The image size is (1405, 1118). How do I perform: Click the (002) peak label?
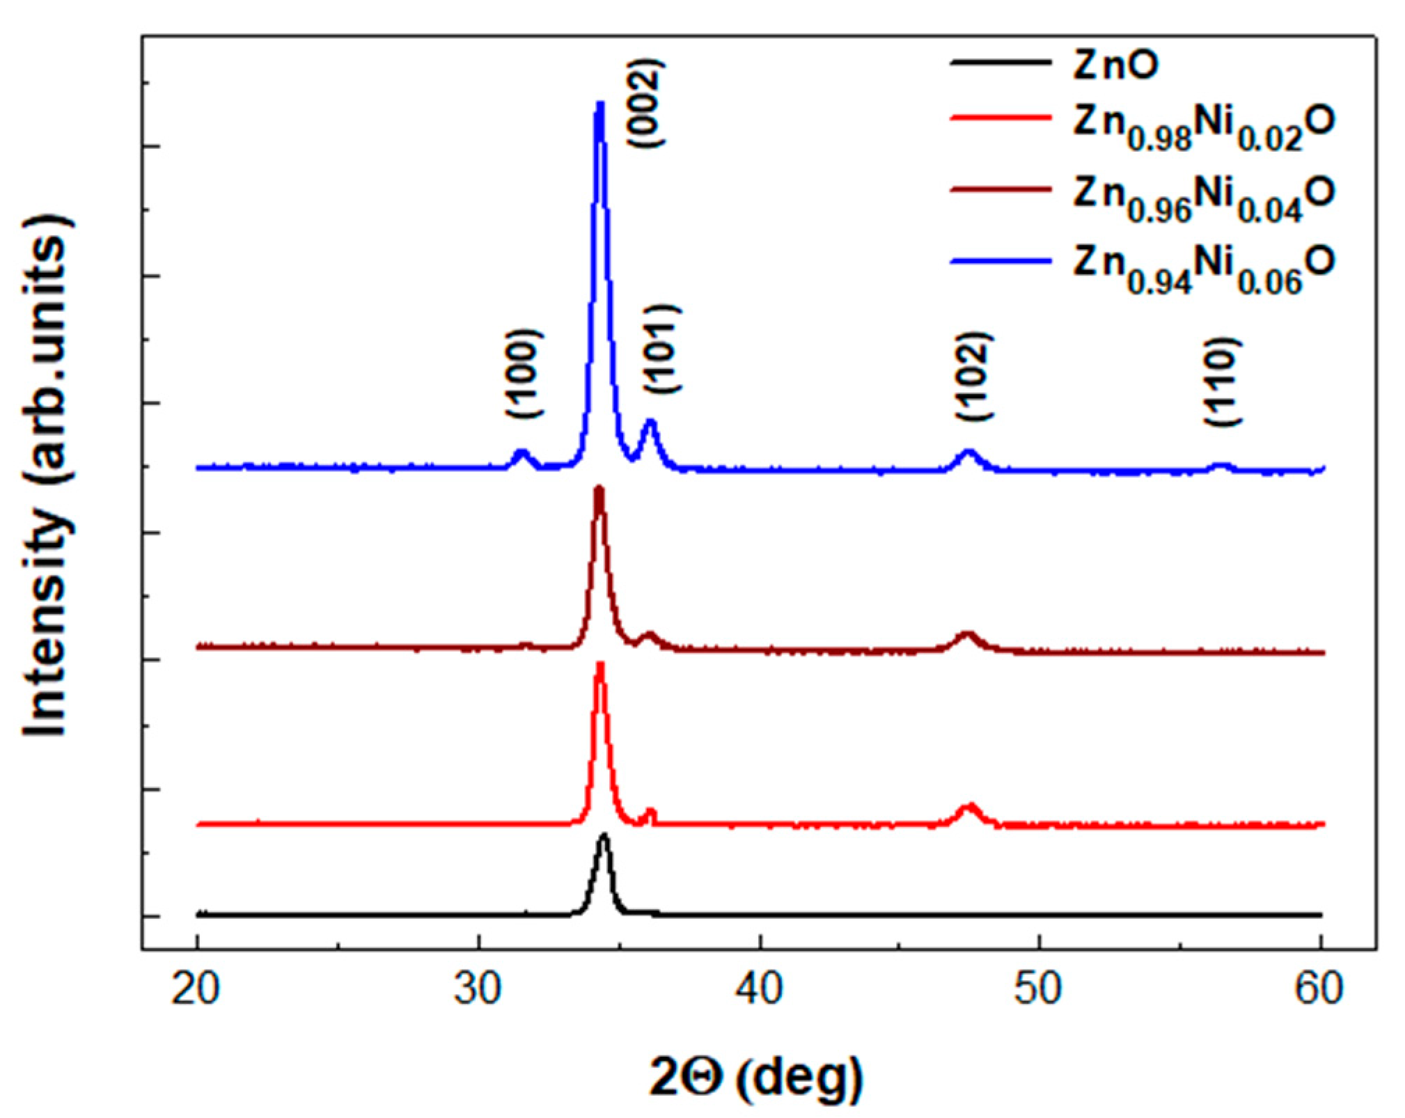647,103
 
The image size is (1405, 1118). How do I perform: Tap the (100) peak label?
524,373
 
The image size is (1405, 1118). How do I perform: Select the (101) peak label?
661,349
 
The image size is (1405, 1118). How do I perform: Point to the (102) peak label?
973,376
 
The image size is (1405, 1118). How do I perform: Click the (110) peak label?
1223,381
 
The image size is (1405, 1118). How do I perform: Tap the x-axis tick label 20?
196,989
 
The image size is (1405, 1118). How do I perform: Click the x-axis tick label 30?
478,989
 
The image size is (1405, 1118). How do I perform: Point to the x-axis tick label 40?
760,989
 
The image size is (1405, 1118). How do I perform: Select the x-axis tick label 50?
1039,989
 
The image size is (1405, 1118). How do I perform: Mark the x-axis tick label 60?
1319,989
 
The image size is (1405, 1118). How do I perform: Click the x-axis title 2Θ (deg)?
757,1078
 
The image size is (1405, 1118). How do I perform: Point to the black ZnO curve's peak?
604,835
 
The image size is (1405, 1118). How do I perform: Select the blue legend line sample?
1000,260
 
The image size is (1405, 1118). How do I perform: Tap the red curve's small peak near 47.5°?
969,807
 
